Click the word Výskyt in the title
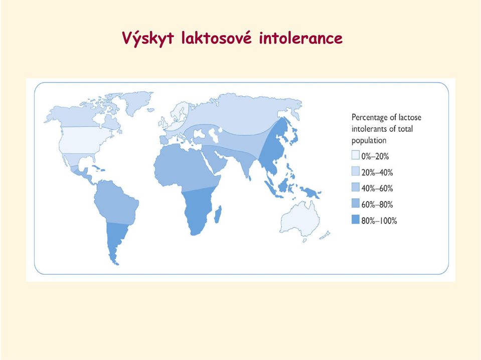[x=148, y=38]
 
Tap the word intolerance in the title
[x=300, y=38]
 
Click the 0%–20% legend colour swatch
[x=355, y=155]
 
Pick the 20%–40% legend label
[x=377, y=172]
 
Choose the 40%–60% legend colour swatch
[x=355, y=187]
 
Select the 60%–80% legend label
[x=377, y=204]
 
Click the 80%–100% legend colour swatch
[x=355, y=219]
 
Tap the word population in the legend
[x=369, y=141]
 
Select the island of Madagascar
[x=218, y=214]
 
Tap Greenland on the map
[x=137, y=101]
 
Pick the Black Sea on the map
[x=199, y=132]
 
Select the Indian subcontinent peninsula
[x=244, y=164]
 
